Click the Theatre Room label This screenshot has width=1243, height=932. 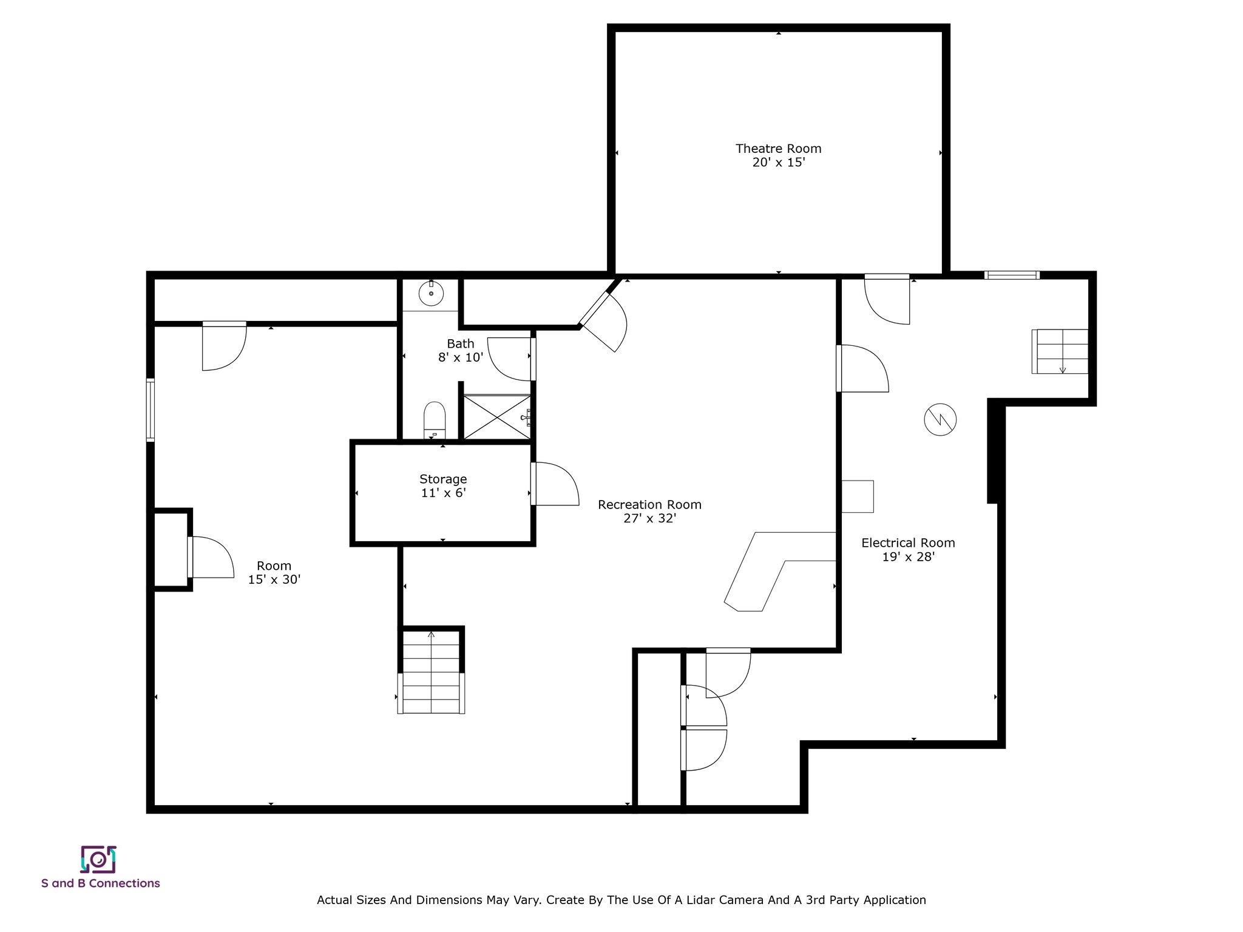(x=778, y=149)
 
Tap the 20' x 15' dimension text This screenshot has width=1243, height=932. (x=778, y=163)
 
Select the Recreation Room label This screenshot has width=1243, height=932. (x=649, y=504)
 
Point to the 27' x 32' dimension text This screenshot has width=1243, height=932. (x=649, y=519)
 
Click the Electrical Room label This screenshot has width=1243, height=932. (x=908, y=542)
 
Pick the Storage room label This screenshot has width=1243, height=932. (x=443, y=479)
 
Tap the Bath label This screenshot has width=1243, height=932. (x=461, y=343)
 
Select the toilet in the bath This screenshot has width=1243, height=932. (x=435, y=419)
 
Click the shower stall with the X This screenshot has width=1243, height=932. (x=497, y=416)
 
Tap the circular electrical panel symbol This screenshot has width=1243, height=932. (x=940, y=419)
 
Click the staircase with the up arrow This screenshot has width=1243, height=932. (x=431, y=672)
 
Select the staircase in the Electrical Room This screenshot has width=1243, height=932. (x=1060, y=351)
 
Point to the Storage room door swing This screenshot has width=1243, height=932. (x=555, y=484)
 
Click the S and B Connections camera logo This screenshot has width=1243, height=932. (x=98, y=859)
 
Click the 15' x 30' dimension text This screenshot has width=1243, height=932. (x=274, y=579)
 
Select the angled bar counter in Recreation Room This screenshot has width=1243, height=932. (x=781, y=571)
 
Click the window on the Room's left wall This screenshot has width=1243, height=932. (x=150, y=409)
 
